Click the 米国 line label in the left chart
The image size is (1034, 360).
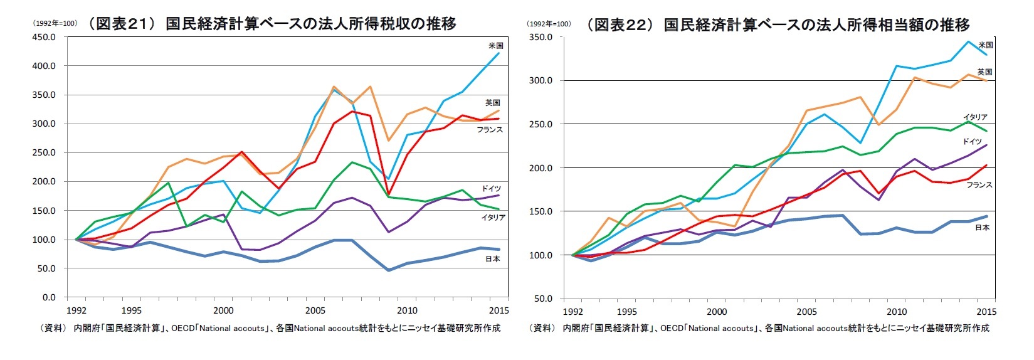pyautogui.click(x=495, y=46)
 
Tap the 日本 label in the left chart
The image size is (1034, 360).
pyautogui.click(x=492, y=258)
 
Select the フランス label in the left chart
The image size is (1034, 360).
pyautogui.click(x=489, y=130)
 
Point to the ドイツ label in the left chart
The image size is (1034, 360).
pyautogui.click(x=491, y=189)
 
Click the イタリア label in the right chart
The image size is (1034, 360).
pyautogui.click(x=975, y=117)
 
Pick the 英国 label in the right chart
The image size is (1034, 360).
pyautogui.click(x=984, y=72)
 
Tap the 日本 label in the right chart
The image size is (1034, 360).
pyautogui.click(x=982, y=228)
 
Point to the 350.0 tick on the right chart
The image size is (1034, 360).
pyautogui.click(x=540, y=37)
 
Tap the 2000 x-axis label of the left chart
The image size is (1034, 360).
pyautogui.click(x=223, y=310)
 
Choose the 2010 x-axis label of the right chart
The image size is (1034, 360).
pyautogui.click(x=897, y=312)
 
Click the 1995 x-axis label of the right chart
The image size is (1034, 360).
pyautogui.click(x=626, y=312)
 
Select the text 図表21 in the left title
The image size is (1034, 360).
pyautogui.click(x=121, y=24)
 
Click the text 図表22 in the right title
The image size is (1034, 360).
pyautogui.click(x=620, y=24)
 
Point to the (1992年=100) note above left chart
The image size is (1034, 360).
pyautogui.click(x=55, y=23)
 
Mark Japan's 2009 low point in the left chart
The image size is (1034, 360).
pyautogui.click(x=389, y=270)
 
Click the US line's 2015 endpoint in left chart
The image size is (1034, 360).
pyautogui.click(x=499, y=53)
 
